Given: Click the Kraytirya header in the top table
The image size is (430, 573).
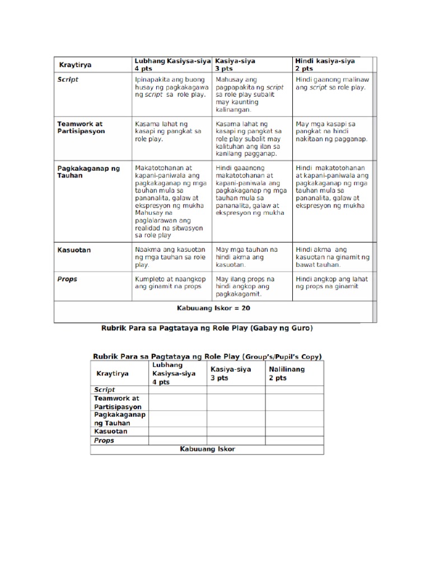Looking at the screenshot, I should (76, 65).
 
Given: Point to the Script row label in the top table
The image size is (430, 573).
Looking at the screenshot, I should (68, 79).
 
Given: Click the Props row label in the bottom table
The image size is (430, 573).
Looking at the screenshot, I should (104, 440).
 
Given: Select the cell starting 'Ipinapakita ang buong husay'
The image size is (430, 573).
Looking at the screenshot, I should (170, 87).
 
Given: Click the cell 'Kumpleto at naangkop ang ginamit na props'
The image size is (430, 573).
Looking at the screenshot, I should (170, 282).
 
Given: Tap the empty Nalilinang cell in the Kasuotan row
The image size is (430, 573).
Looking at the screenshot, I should (294, 431).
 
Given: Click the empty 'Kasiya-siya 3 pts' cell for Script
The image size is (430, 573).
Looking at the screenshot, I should (236, 389).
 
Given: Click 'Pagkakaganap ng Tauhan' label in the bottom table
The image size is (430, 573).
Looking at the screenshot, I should (119, 419).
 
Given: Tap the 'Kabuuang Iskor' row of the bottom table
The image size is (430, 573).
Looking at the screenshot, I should (207, 449).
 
